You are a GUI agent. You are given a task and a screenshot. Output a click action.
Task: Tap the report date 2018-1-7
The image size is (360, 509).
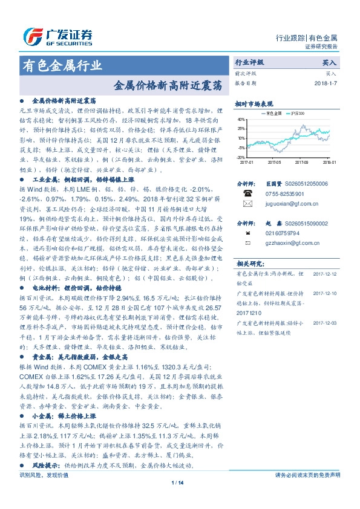(326, 83)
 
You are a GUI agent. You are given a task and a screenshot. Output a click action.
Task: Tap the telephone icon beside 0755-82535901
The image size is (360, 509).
(246, 193)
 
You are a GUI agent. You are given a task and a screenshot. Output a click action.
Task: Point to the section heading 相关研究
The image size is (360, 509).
(249, 264)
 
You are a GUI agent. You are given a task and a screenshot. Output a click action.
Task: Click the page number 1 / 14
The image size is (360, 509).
(180, 499)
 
